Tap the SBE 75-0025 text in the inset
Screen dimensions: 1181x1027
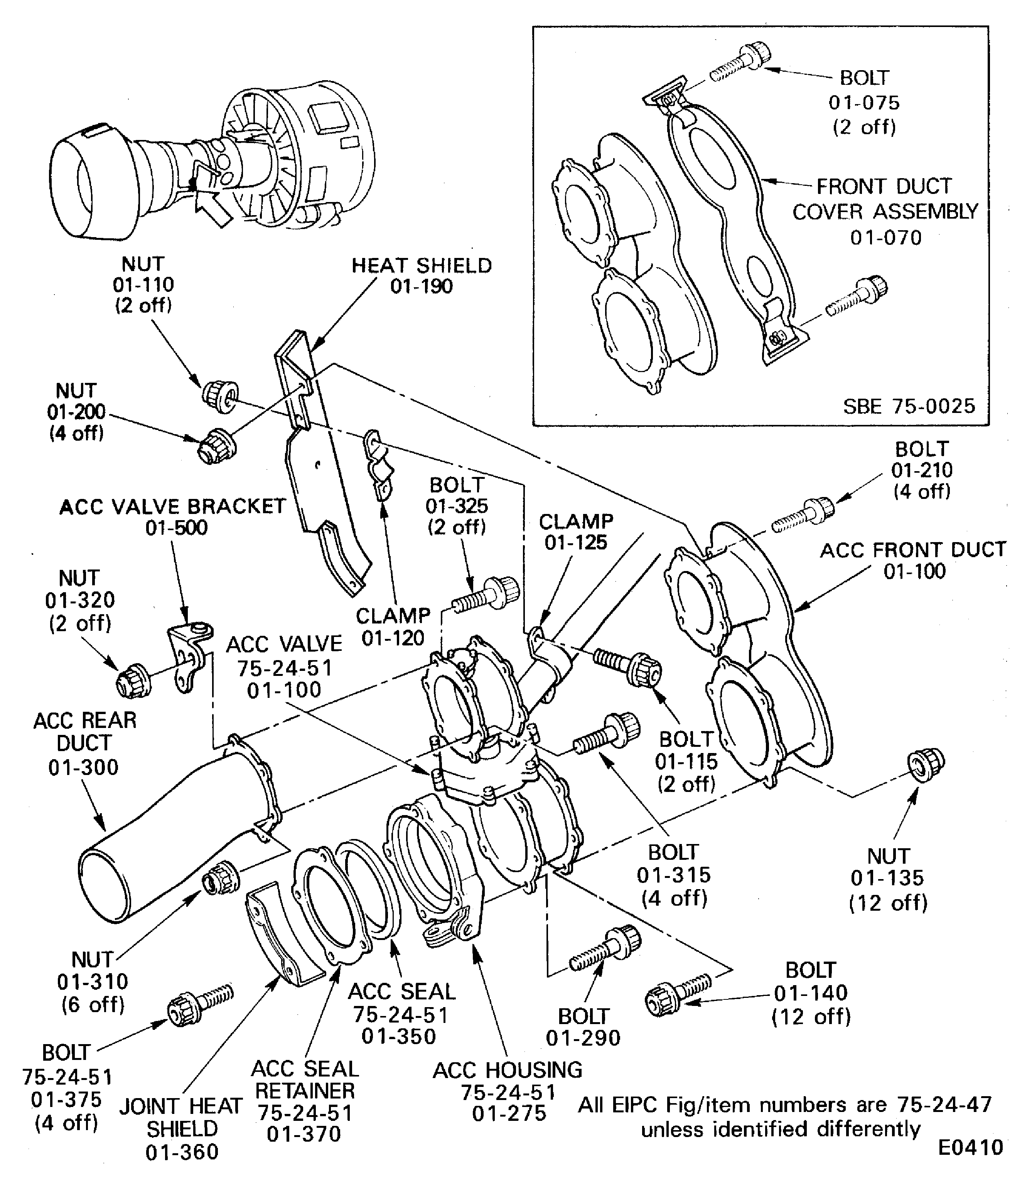908,406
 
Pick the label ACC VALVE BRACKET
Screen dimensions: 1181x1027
172,507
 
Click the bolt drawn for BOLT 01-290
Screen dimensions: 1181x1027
605,952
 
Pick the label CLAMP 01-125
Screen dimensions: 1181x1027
575,532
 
